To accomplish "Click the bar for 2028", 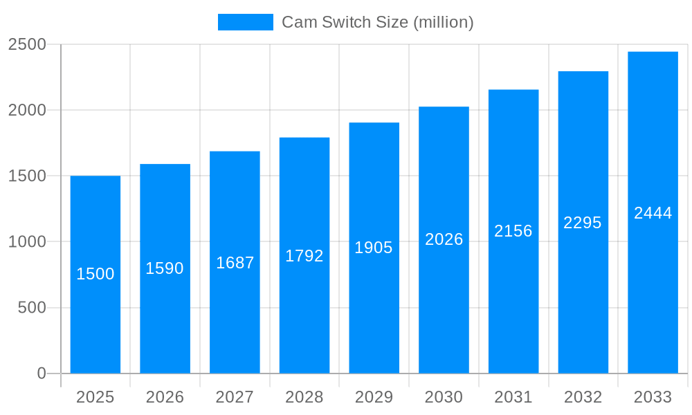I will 304,311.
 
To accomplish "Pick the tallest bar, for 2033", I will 653,290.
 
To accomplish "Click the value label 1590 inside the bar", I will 165,268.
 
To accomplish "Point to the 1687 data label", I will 235,263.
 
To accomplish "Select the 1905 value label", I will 374,248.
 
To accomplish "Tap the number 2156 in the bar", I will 513,231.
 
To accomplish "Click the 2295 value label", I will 583,223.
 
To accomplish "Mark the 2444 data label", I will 653,213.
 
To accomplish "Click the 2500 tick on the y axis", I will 27,44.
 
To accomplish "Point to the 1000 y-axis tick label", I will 27,241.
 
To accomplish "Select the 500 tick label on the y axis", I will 32,307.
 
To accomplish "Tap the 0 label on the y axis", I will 42,373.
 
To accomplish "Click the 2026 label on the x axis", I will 165,397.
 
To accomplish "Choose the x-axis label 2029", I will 374,397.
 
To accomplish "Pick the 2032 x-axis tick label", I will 583,397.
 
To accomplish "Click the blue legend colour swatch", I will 246,22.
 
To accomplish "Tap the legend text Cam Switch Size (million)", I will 378,22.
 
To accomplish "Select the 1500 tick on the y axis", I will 27,176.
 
